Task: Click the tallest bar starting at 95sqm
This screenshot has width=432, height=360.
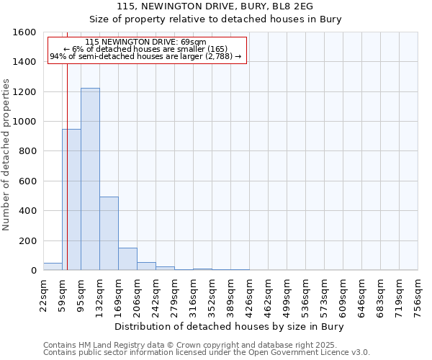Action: (x=90, y=179)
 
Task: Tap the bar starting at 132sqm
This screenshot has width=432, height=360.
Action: (x=109, y=233)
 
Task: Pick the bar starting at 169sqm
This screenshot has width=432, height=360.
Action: (x=127, y=259)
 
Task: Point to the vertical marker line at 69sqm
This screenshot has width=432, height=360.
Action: (x=67, y=166)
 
